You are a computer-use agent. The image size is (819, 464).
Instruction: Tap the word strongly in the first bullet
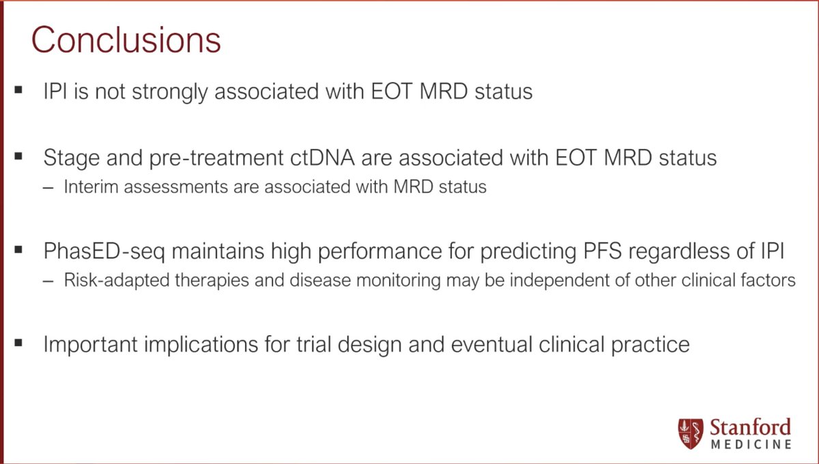[x=170, y=92]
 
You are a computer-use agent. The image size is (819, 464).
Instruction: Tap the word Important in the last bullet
[x=91, y=345]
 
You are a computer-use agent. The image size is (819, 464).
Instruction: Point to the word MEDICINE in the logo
[x=751, y=444]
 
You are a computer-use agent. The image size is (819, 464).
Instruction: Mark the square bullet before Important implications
[x=18, y=341]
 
